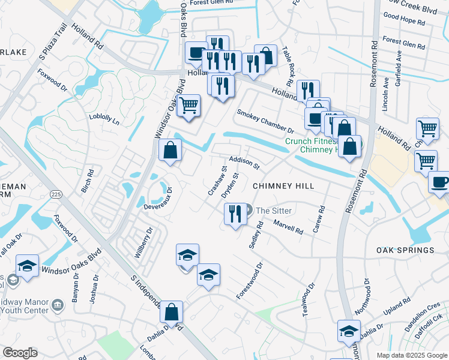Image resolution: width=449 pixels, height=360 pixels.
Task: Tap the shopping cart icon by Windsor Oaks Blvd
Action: [x=189, y=106]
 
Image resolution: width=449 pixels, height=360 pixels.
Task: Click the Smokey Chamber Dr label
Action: [x=265, y=121]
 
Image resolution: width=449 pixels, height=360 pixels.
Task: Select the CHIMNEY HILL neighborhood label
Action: [x=283, y=187]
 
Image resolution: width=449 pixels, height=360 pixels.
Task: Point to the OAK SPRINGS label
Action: [x=405, y=250]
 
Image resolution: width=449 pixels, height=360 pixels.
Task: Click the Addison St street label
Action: [x=244, y=162]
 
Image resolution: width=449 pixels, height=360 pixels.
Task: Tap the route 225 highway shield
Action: [x=56, y=194]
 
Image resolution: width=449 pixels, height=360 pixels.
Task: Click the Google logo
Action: [x=20, y=353]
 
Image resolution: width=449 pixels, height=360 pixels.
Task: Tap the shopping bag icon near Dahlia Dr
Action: [x=171, y=312]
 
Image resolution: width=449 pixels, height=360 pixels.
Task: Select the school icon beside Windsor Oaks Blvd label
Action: [x=27, y=265]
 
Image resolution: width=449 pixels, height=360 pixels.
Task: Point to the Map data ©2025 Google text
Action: [x=411, y=355]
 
